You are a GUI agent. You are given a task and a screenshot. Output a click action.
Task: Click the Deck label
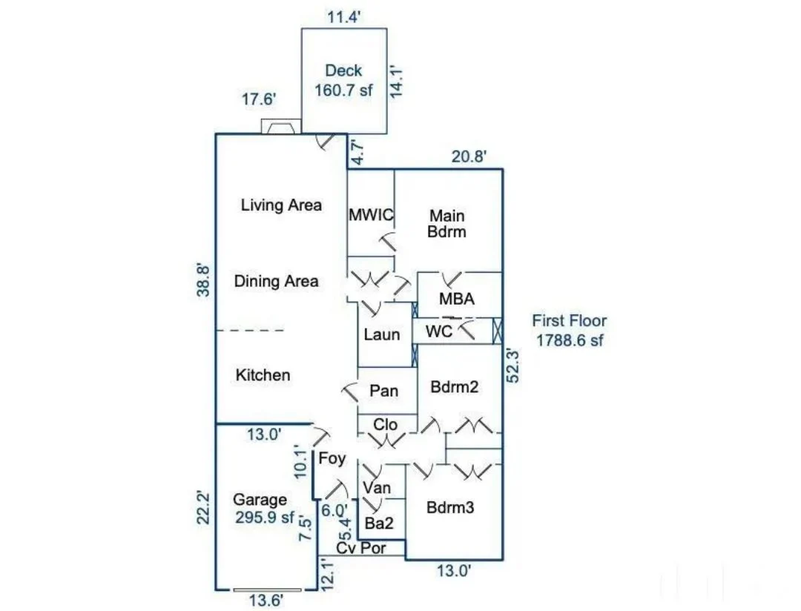tap(343, 71)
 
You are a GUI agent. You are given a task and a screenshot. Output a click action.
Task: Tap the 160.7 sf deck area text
tap(343, 90)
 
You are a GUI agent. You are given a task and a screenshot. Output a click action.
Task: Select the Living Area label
tap(281, 205)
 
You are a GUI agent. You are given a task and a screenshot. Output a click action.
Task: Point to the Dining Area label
tap(276, 281)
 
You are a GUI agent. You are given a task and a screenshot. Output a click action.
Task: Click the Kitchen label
tap(263, 375)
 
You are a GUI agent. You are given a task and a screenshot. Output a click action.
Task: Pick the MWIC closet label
tap(370, 215)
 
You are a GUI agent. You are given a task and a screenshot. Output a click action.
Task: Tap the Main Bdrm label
tap(448, 223)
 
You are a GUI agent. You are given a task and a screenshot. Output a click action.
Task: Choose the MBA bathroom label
tap(456, 300)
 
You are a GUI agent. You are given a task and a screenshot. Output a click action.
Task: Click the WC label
tap(440, 332)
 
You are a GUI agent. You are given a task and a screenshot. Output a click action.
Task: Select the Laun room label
tap(382, 334)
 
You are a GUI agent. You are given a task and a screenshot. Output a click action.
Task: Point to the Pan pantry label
tap(384, 391)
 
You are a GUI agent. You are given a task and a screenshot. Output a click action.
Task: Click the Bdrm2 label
tap(453, 386)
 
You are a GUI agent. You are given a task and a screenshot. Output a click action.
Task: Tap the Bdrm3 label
tap(450, 509)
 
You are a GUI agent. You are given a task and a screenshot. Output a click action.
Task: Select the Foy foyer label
tap(332, 459)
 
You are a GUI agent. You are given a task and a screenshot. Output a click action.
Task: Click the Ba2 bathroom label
tap(379, 523)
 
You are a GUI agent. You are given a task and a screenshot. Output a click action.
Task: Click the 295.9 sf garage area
tap(264, 517)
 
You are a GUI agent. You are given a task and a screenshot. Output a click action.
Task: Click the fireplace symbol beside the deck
tap(281, 128)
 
